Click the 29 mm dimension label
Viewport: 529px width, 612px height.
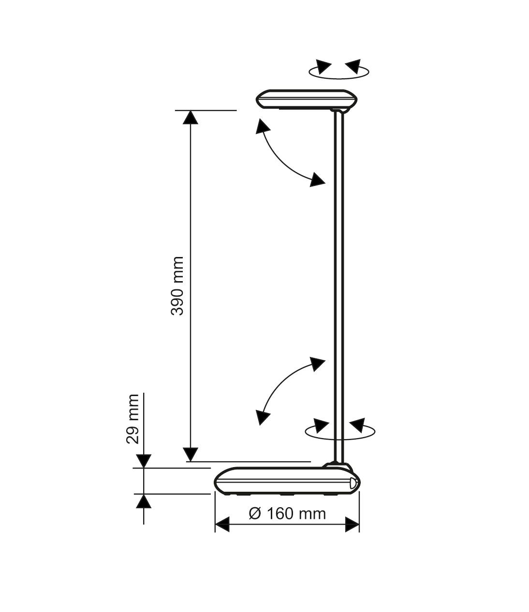[x=133, y=418]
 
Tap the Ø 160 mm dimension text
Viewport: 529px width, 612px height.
[x=287, y=513]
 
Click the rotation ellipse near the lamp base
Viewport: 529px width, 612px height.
[x=340, y=432]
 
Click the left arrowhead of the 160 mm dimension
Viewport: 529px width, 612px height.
[x=222, y=524]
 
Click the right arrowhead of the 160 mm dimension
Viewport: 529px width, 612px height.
[x=352, y=524]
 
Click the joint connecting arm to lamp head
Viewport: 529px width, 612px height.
[x=339, y=112]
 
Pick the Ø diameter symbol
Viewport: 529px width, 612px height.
[x=255, y=513]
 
